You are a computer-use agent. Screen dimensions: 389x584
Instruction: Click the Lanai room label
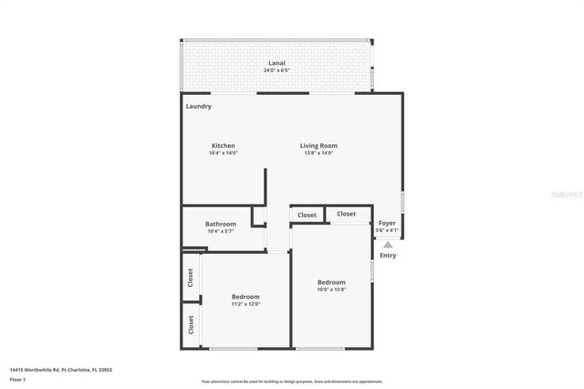coord(276,63)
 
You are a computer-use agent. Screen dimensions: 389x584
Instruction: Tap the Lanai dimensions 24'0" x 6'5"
coord(276,70)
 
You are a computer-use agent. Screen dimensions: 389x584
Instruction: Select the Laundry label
coord(199,106)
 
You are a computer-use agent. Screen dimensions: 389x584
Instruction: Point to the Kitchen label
coord(224,146)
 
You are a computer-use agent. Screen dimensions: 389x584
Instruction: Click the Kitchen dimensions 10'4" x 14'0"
coord(224,153)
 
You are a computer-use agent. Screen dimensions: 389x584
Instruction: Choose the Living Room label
coord(319,146)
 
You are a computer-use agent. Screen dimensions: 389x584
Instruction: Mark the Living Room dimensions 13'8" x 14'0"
coord(319,153)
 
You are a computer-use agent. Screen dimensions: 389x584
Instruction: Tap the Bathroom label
coord(221,224)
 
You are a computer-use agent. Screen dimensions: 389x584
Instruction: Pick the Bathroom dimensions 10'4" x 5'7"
coord(221,231)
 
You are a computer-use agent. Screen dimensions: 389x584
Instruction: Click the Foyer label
coord(387,223)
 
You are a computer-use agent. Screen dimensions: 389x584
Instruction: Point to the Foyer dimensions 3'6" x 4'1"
coord(387,230)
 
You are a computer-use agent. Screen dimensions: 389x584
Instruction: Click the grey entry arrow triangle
coord(388,245)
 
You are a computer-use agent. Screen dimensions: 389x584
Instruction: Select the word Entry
coord(388,256)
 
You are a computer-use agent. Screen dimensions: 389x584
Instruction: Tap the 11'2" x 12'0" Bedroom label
coord(245,297)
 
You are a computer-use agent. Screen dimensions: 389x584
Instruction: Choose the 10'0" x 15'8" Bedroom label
coord(331,283)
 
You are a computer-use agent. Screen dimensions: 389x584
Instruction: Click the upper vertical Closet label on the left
coord(191,277)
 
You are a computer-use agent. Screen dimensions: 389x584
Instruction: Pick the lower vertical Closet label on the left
coord(191,324)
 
